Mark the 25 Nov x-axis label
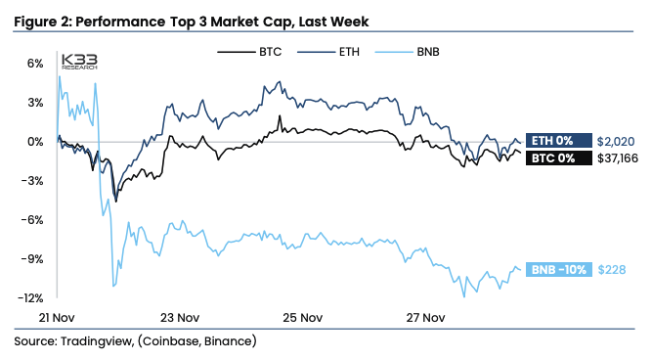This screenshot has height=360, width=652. pos(302,318)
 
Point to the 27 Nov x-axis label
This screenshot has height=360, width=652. pos(425,318)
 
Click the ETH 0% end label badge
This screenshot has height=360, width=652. pos(556,140)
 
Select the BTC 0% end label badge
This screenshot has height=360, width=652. pos(556,157)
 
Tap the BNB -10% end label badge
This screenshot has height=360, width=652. pos(557,270)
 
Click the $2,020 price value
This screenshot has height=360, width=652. pos(616,140)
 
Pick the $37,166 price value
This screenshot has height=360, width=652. pos(619,157)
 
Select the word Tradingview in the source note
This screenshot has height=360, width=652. pos(105,341)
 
